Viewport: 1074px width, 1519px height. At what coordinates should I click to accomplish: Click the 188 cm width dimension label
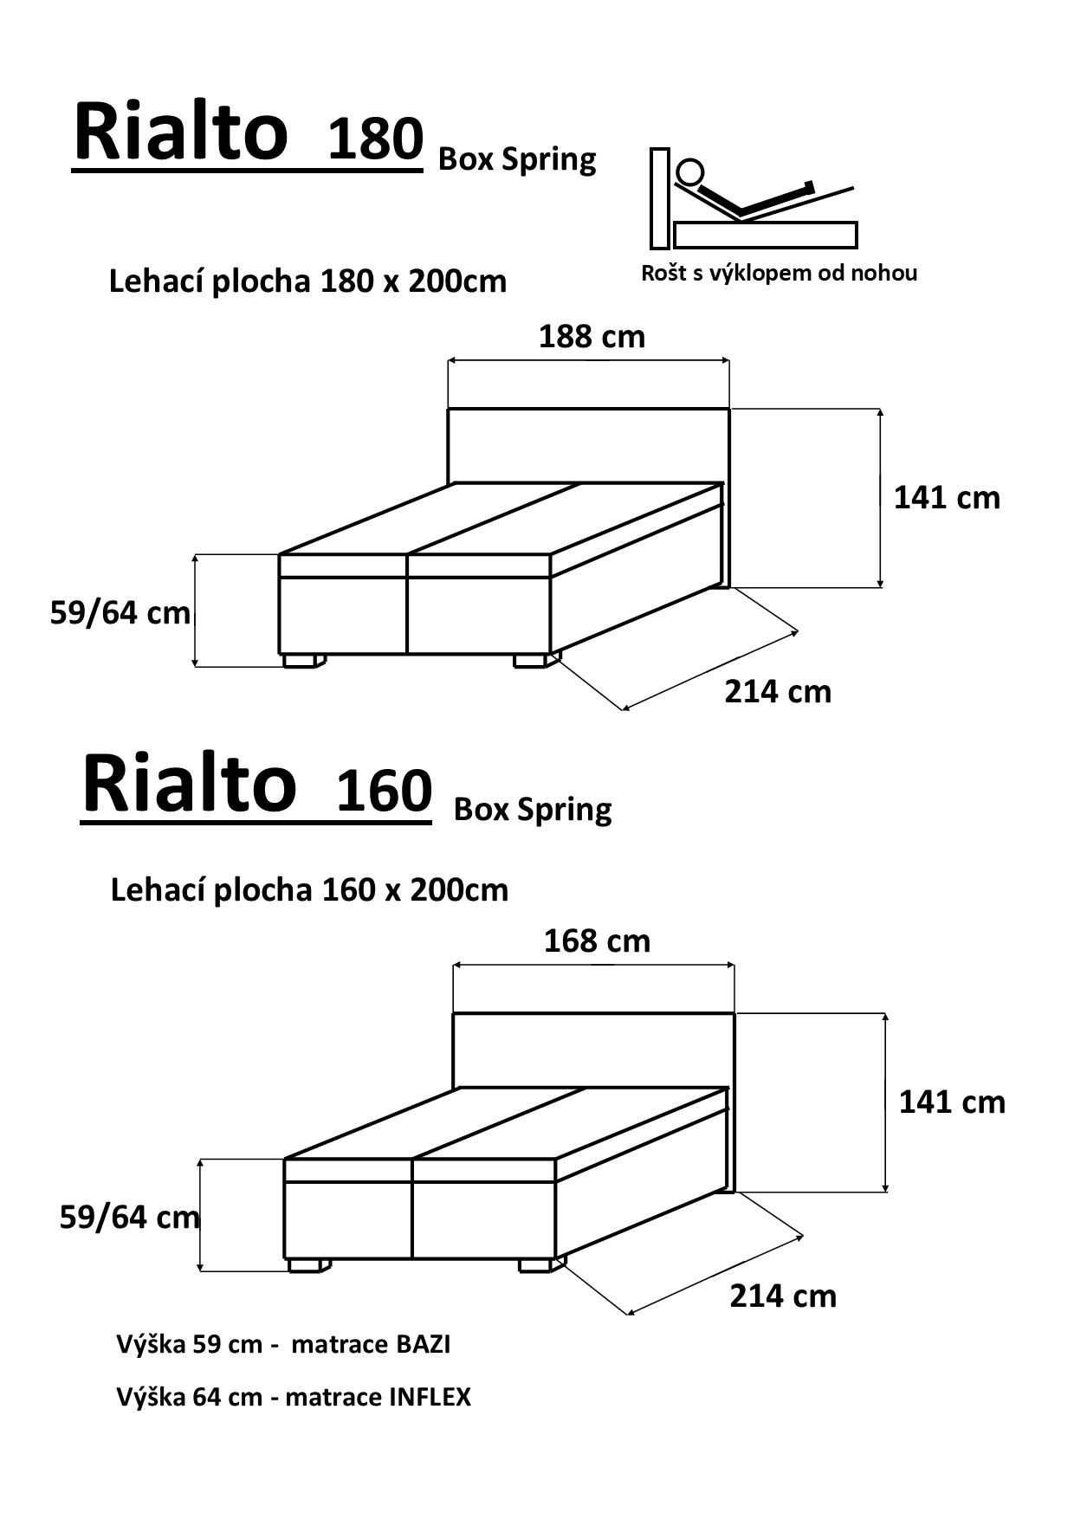click(592, 336)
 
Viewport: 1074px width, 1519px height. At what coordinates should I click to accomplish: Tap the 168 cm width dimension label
click(597, 940)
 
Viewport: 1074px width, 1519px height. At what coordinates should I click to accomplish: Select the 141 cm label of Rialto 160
click(952, 1102)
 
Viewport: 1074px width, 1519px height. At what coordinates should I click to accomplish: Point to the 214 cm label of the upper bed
click(778, 691)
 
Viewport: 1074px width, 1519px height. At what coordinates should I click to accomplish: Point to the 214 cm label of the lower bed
click(783, 1296)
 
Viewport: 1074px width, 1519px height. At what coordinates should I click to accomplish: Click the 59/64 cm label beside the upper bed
click(120, 613)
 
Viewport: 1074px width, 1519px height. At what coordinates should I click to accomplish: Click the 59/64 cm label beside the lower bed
click(129, 1218)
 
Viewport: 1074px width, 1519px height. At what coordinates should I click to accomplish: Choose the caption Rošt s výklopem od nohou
click(779, 273)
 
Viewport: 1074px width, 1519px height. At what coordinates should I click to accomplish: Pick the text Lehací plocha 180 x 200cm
click(307, 281)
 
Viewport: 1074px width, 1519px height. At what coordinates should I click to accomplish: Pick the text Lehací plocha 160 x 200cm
click(309, 889)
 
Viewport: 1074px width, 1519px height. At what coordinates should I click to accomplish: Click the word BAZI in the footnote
click(423, 1344)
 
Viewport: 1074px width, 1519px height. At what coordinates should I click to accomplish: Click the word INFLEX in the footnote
click(430, 1397)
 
